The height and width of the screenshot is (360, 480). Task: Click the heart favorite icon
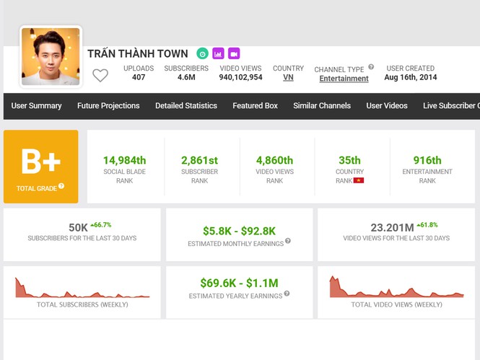coord(100,75)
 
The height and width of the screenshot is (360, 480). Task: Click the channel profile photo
coord(51,56)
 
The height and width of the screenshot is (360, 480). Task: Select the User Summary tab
coord(36,106)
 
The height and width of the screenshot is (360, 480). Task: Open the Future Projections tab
coord(108,106)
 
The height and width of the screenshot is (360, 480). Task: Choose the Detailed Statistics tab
coord(186,106)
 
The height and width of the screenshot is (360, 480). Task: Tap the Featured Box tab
coord(255,106)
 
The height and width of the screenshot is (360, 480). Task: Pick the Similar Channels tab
coord(321,106)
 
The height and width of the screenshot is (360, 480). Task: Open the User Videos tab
coord(387,106)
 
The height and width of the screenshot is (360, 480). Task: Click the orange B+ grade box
coord(41,166)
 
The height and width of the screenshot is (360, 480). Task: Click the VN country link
coord(288,77)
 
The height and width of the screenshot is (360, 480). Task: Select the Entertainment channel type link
coord(344,79)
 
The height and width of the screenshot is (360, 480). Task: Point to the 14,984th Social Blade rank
coord(124,160)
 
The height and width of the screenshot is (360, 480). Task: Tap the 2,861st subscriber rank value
coord(200,160)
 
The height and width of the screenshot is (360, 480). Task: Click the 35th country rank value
coord(350,160)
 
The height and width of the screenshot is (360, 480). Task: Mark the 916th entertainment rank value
coord(427,160)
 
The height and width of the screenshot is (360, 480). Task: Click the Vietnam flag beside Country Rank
coord(359,180)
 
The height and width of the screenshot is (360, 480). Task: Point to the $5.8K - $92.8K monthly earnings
coord(239,231)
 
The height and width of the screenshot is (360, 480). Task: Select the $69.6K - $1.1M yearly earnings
coord(239,283)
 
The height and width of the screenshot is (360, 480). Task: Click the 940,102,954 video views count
coord(240,77)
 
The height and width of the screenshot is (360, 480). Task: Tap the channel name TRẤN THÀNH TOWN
coord(137,53)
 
